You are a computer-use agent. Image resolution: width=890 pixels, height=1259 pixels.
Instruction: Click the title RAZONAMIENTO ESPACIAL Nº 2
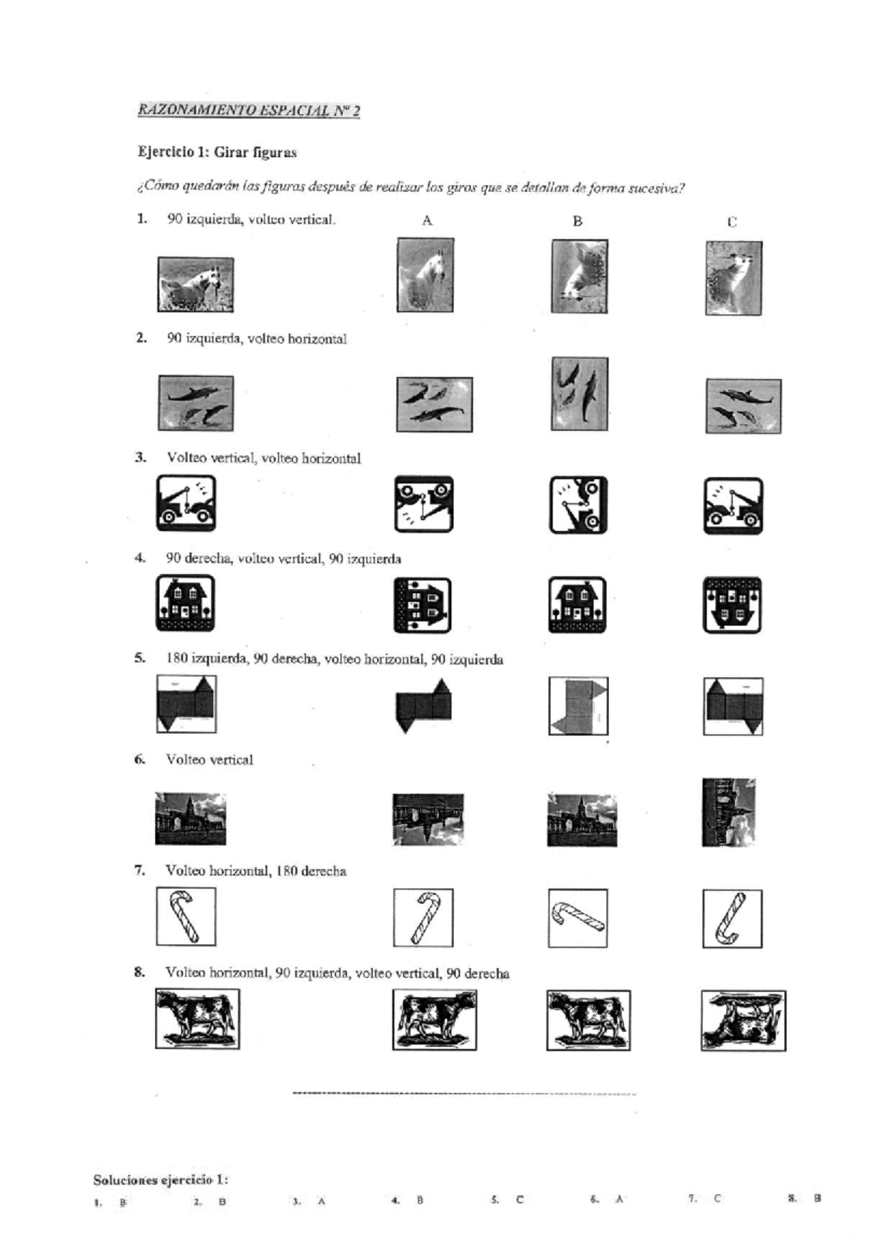tap(248, 111)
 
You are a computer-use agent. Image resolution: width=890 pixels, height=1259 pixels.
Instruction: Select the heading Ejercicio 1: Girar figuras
tap(217, 153)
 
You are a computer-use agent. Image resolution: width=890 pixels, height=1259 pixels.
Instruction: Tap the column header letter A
tap(427, 220)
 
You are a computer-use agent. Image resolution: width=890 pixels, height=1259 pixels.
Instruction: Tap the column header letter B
tap(578, 221)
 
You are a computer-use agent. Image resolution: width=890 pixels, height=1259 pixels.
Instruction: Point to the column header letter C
tap(732, 222)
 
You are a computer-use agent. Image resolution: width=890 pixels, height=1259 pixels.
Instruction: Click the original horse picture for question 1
tap(196, 284)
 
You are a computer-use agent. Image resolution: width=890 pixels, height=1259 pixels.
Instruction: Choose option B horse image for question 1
tap(579, 276)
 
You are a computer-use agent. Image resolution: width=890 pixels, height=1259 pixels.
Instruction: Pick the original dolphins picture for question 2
tap(196, 403)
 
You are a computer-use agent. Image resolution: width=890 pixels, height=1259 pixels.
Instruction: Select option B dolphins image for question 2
tap(579, 394)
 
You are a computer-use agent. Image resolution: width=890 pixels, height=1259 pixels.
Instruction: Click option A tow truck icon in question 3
tap(423, 504)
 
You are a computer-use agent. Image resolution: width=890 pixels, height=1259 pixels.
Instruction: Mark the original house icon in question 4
tap(185, 603)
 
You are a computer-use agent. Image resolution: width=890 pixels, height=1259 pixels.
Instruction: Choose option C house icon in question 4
tap(732, 604)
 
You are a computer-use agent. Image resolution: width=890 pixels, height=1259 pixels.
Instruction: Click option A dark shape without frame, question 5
tap(423, 706)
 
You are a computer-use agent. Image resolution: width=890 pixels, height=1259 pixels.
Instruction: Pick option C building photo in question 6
tap(728, 812)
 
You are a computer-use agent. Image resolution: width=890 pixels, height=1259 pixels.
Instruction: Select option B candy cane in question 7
tap(578, 918)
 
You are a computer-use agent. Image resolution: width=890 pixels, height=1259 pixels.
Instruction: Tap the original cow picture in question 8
tap(197, 1019)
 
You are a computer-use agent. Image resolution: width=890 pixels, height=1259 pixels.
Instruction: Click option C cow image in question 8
tap(743, 1020)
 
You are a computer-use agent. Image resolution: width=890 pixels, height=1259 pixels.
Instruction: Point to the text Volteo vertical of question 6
tap(209, 760)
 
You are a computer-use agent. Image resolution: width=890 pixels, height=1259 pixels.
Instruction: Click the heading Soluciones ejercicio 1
tap(160, 1180)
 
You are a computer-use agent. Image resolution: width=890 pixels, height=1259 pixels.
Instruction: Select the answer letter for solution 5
tap(519, 1199)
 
